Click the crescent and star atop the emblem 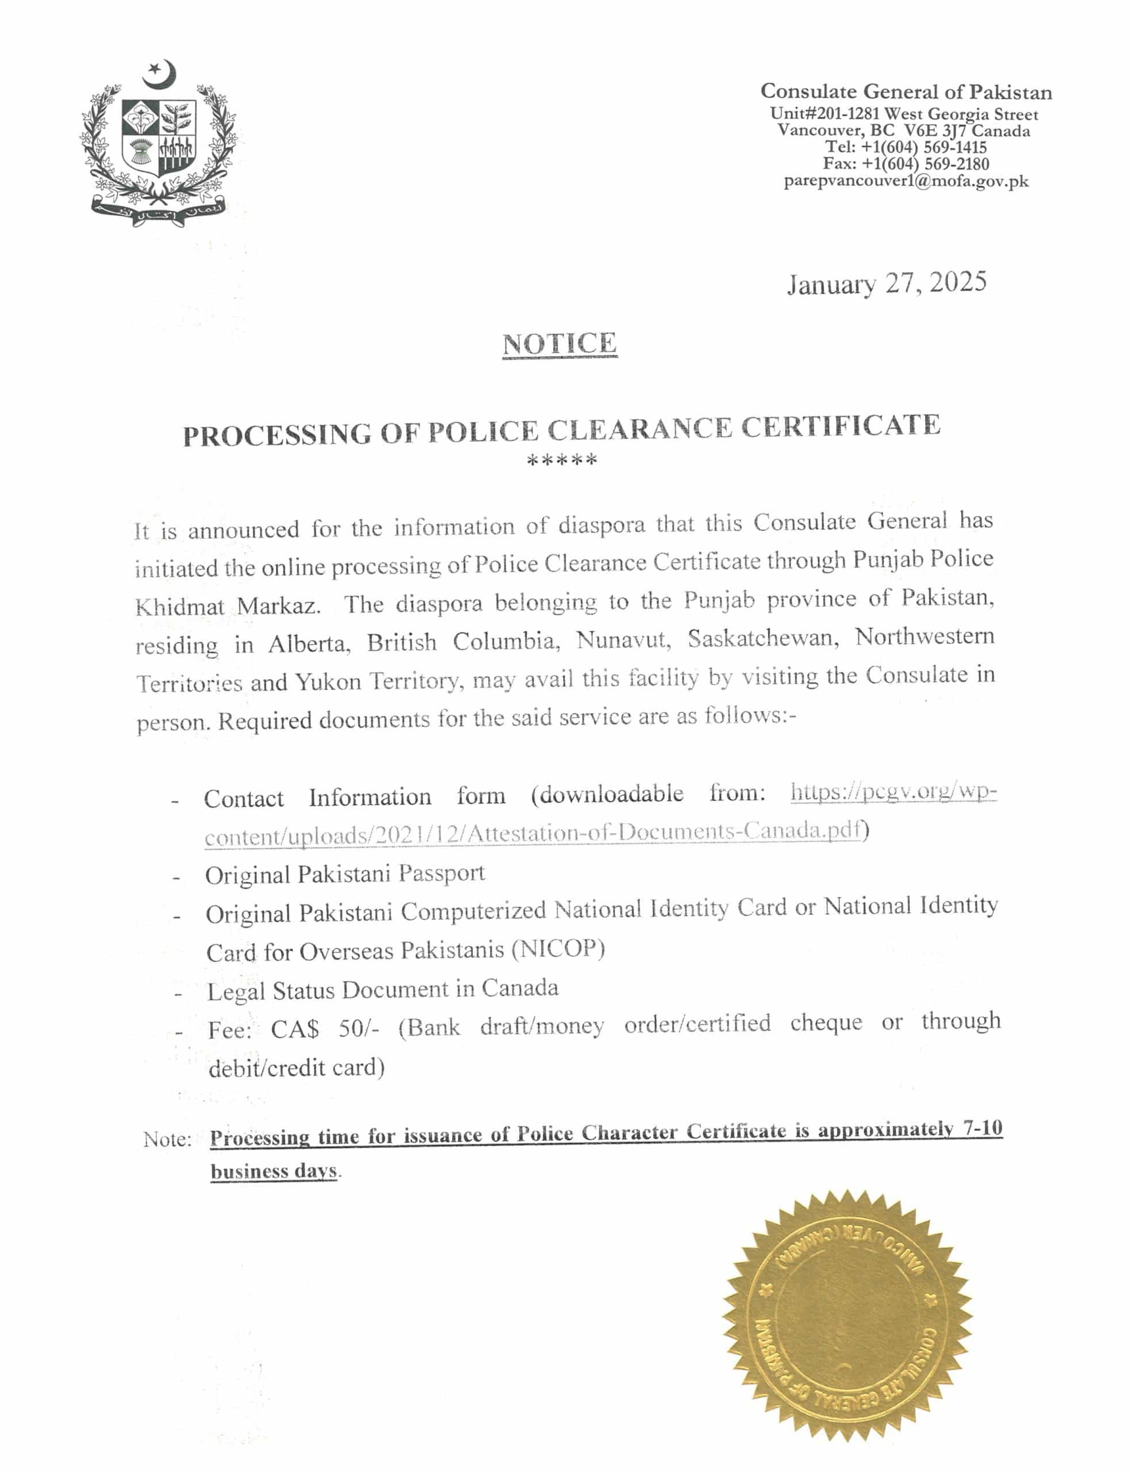(160, 74)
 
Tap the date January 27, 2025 (887, 283)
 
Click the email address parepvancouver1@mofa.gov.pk (906, 181)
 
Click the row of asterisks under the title (561, 461)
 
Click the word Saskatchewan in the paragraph (763, 639)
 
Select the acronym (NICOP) (557, 949)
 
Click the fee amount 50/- (359, 1029)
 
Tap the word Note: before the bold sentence (167, 1140)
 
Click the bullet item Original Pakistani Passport (345, 874)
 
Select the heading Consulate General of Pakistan (905, 91)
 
